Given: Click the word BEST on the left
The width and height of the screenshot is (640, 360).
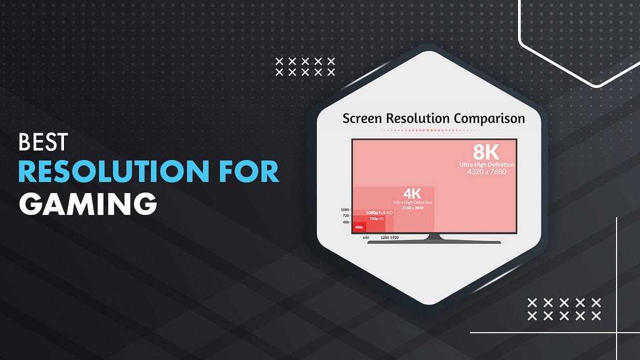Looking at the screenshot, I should (x=44, y=142).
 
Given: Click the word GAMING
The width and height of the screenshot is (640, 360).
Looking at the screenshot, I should (x=88, y=204).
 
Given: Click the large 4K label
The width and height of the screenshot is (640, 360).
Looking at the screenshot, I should (x=413, y=193).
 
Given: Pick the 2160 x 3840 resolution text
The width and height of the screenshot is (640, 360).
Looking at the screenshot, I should (x=413, y=207).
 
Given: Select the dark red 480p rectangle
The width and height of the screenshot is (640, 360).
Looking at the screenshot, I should (x=359, y=227).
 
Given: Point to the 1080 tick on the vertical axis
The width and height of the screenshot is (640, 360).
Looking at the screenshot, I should (x=345, y=210).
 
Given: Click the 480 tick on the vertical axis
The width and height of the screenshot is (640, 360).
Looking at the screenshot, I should (x=346, y=222).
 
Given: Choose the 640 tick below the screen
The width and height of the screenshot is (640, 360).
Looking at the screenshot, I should (x=366, y=237).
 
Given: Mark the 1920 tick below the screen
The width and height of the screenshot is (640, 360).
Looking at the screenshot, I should (x=395, y=237).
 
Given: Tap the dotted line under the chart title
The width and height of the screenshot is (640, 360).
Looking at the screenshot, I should (x=433, y=130).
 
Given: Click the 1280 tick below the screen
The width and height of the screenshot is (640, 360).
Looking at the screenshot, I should (x=384, y=237).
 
